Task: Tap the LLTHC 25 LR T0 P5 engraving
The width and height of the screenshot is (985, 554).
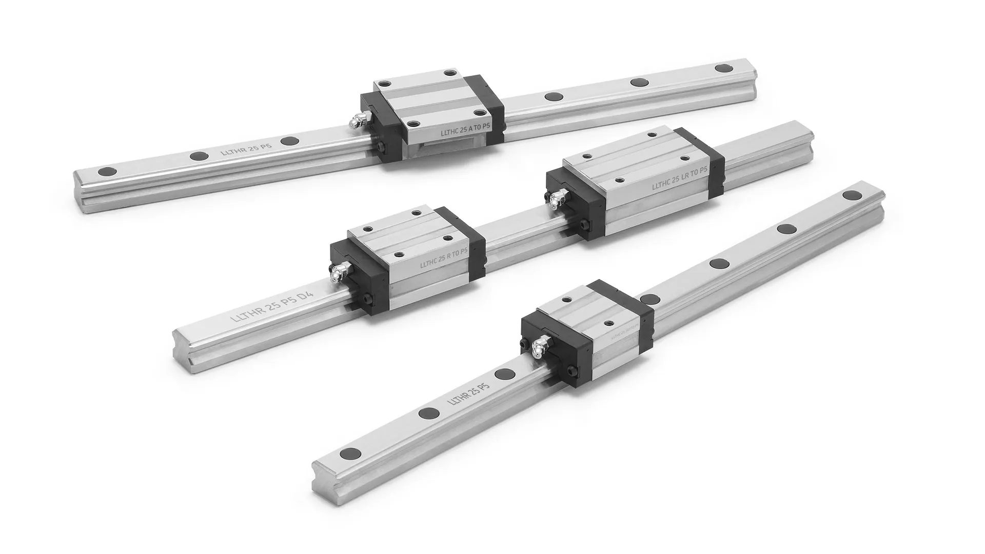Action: coord(680,179)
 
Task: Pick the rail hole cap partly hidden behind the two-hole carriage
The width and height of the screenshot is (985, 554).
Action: coord(649,299)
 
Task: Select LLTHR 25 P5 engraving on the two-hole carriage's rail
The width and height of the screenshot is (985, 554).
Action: coord(469,392)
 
